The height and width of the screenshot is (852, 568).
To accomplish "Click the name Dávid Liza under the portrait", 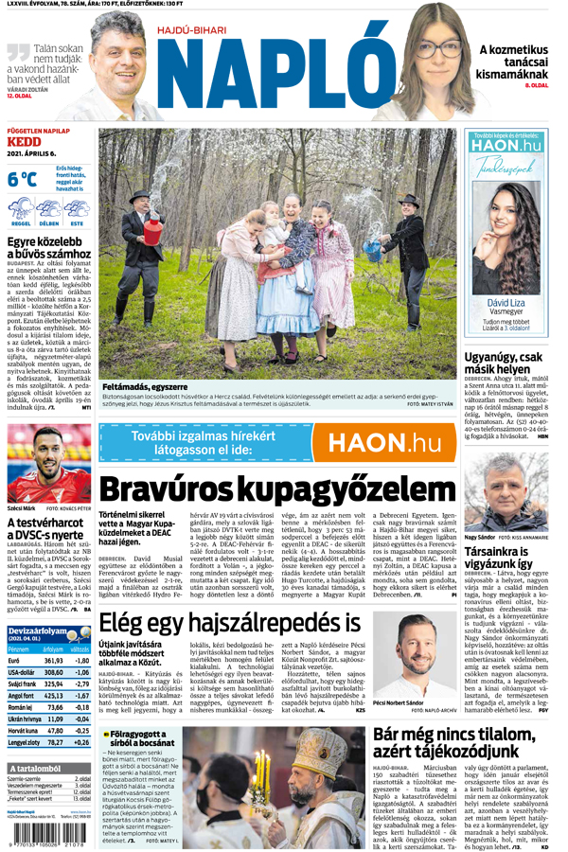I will (x=505, y=302).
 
